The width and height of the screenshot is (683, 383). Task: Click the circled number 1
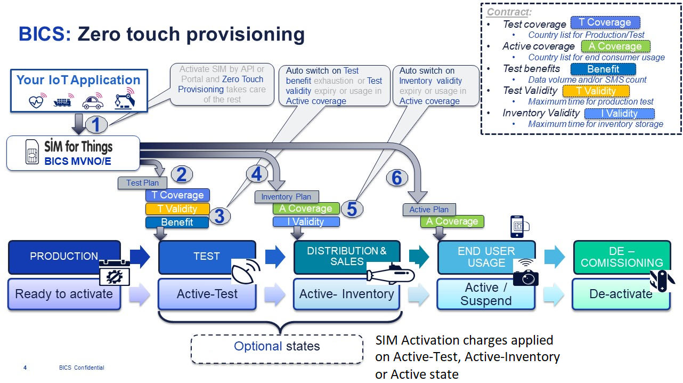click(x=96, y=125)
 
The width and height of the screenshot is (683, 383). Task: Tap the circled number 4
click(x=257, y=174)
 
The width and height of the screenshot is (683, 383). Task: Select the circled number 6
click(x=396, y=178)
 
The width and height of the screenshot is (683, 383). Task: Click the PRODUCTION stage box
click(x=64, y=256)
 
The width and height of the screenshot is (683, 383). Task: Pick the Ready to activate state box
click(x=64, y=294)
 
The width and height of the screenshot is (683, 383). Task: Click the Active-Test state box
click(x=207, y=294)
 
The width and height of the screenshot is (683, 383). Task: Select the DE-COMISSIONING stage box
click(x=621, y=257)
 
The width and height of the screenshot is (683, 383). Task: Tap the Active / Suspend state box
click(x=485, y=294)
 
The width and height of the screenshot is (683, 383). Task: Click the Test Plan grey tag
click(x=142, y=183)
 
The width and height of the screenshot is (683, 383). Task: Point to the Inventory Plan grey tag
click(x=286, y=197)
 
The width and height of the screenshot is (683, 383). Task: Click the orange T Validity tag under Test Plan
click(x=177, y=209)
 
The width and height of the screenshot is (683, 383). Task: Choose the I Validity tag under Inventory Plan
click(x=306, y=221)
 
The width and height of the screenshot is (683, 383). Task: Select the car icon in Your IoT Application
click(x=93, y=101)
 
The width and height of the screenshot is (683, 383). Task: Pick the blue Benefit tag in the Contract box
click(x=603, y=69)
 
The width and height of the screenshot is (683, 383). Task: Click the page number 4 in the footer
click(x=25, y=368)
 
